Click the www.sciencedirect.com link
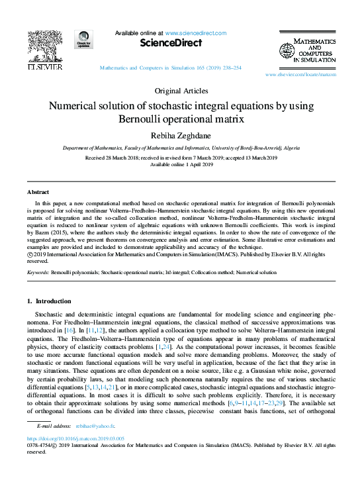click(x=195, y=33)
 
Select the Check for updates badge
click(x=83, y=40)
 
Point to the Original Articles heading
click(x=180, y=91)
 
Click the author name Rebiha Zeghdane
click(x=180, y=134)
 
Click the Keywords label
click(x=39, y=272)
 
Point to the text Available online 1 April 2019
click(x=180, y=165)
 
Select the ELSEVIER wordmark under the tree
click(x=45, y=67)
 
